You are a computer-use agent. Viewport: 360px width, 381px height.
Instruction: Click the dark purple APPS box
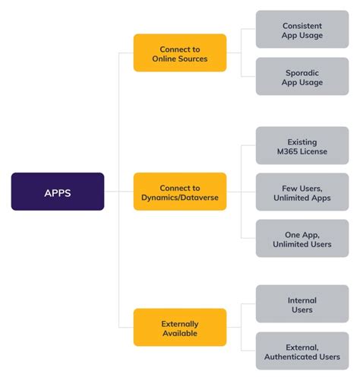pos(58,192)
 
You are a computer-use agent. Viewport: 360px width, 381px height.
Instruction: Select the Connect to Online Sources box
pos(180,52)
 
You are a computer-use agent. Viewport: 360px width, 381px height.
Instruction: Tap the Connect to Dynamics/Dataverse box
pos(180,192)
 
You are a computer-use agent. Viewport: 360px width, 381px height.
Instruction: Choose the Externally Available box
pos(180,327)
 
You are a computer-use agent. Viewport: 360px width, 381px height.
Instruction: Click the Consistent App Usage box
pos(302,29)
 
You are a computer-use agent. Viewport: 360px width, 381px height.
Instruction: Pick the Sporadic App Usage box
pos(302,76)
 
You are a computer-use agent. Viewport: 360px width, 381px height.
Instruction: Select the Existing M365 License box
pos(302,145)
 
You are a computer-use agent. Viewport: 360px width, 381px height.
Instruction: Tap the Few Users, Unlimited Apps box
pos(302,192)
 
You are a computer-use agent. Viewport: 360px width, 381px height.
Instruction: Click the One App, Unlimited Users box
pos(302,238)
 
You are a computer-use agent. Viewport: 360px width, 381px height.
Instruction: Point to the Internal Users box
pos(302,303)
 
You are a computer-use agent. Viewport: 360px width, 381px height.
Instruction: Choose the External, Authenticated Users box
pos(302,351)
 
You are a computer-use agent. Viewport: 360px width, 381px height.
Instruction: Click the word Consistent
pos(302,26)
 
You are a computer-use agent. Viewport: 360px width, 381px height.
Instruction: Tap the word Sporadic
pos(302,73)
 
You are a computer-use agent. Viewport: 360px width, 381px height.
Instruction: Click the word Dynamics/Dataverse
pos(180,198)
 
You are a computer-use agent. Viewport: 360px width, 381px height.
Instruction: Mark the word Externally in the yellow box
pos(180,324)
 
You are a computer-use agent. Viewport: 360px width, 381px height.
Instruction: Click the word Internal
pos(302,300)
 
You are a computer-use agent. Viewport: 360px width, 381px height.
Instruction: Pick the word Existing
pos(302,142)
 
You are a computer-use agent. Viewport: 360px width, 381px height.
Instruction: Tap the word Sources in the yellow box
pos(193,59)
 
